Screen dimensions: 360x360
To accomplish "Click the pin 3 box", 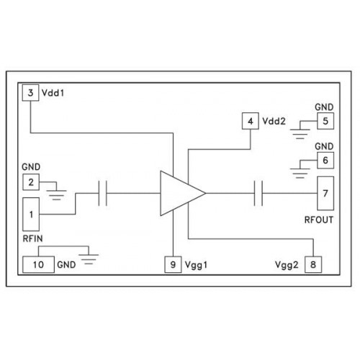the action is pos(30,93).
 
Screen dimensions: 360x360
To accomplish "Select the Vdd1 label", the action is pos(53,93).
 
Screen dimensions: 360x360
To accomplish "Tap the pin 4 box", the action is pos(251,121).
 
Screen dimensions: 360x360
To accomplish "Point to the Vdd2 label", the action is pos(274,121).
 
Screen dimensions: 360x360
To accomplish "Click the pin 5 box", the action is pos(325,121).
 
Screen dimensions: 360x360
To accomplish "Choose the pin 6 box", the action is pos(325,161).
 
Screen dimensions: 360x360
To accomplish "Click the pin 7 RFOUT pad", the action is pos(325,194).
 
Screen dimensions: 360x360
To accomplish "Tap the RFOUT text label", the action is pos(319,220).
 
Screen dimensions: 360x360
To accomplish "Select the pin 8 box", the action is pos(313,264).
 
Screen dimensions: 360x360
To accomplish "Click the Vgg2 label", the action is pos(287,265).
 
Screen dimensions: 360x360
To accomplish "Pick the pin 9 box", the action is pos(173,264).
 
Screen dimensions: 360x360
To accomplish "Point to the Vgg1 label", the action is pos(196,265).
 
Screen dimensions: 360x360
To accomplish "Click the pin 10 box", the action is pos(38,264).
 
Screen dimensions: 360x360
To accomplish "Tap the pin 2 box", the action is pos(31,182).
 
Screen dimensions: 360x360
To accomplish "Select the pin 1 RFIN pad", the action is pos(31,215).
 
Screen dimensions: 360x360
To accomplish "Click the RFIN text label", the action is pos(32,238).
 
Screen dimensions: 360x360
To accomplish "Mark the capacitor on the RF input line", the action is pos(103,193).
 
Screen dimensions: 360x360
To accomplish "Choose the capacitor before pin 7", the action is pos(258,193).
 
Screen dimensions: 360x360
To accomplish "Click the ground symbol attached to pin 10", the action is pos(89,258).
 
